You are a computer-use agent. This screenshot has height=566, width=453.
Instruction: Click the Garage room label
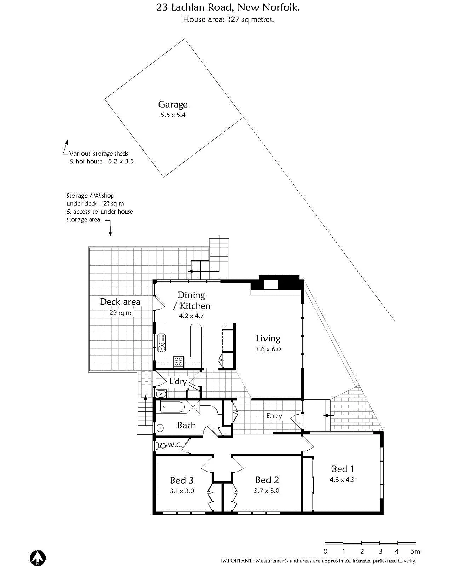click(x=173, y=104)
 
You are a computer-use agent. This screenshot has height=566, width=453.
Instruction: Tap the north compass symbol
click(x=38, y=558)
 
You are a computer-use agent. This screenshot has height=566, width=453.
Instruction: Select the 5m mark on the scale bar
click(x=415, y=551)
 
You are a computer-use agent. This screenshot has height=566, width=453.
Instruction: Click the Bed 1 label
click(x=342, y=469)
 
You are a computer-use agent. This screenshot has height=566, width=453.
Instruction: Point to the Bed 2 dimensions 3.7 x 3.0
click(x=266, y=491)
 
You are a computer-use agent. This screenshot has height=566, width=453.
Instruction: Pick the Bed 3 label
click(x=182, y=480)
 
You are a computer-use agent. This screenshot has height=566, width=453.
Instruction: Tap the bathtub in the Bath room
click(x=172, y=407)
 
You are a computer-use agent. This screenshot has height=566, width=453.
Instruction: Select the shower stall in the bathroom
click(x=193, y=407)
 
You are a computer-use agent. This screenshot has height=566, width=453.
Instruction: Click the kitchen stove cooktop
click(x=178, y=361)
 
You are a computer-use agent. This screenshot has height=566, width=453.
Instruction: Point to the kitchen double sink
click(x=162, y=343)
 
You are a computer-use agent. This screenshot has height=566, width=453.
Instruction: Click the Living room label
click(x=268, y=338)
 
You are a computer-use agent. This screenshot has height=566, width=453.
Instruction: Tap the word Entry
click(x=274, y=416)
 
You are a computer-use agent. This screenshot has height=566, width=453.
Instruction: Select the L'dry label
click(x=178, y=381)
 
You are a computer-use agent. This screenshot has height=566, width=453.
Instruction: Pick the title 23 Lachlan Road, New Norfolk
click(x=228, y=7)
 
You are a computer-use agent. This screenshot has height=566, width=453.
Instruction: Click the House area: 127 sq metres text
click(x=228, y=20)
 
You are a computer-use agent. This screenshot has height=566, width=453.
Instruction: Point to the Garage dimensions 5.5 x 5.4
click(x=173, y=115)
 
